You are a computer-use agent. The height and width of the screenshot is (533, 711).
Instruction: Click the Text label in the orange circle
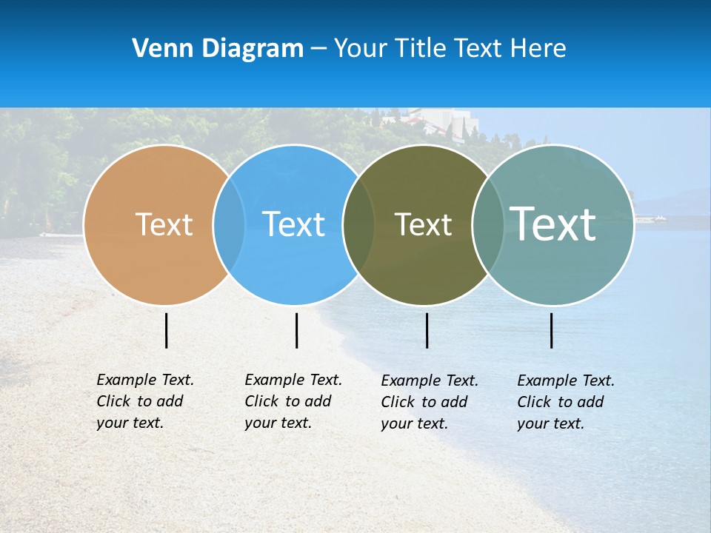(x=164, y=224)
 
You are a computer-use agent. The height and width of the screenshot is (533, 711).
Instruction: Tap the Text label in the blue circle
(x=294, y=224)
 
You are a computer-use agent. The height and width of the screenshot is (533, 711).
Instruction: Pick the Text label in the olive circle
(x=423, y=224)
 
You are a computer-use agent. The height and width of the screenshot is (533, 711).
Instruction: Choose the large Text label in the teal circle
(x=553, y=224)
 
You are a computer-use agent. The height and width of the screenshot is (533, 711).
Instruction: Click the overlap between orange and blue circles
(x=229, y=224)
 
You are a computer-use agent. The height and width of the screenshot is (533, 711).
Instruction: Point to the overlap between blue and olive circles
(x=358, y=224)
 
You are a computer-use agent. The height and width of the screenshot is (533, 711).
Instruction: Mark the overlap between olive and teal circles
(x=487, y=224)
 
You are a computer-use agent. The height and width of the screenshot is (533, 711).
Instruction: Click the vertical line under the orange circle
(x=166, y=330)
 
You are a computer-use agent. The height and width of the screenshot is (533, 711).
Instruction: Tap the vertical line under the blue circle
(x=296, y=330)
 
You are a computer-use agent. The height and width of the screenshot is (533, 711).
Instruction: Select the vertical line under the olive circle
(x=427, y=330)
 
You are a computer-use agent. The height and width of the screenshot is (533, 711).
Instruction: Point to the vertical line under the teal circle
(x=551, y=330)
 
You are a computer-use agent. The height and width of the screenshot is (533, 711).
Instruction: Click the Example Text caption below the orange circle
(x=144, y=401)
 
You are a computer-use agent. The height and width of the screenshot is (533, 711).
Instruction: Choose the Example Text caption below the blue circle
(x=293, y=401)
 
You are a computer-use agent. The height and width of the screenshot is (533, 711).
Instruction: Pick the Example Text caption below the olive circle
(x=429, y=402)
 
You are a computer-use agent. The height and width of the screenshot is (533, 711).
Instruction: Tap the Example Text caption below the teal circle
(x=565, y=402)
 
